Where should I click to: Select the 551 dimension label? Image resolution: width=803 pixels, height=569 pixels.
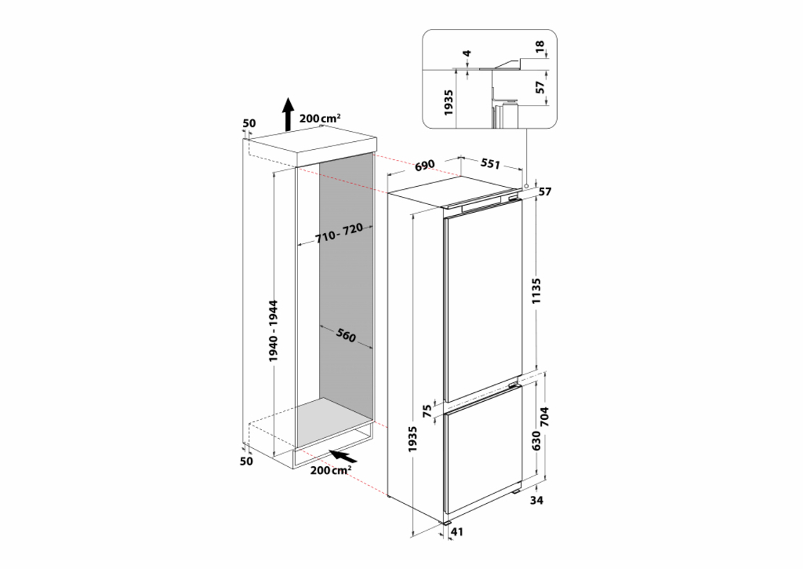[x=490, y=164]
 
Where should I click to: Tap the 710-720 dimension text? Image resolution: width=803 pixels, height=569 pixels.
[x=339, y=234]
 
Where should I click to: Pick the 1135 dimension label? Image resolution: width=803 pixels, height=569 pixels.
[x=537, y=291]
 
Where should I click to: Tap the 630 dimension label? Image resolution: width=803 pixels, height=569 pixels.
[x=536, y=441]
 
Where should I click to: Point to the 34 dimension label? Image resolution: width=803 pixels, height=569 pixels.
[x=536, y=500]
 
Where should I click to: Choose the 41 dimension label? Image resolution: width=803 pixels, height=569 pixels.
[x=456, y=532]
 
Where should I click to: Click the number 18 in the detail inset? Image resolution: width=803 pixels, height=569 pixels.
[x=540, y=47]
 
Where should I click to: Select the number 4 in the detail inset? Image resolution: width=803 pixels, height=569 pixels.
[x=467, y=54]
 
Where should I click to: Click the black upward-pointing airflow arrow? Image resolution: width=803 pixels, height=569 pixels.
[x=289, y=113]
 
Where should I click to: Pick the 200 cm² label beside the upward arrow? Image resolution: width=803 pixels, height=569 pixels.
[x=320, y=119]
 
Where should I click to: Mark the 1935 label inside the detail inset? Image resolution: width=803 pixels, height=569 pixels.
[x=449, y=103]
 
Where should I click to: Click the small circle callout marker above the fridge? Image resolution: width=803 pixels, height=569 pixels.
[x=527, y=185]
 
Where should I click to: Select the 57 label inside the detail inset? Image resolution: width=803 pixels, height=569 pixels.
[x=540, y=88]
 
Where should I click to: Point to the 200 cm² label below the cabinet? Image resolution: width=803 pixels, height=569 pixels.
[x=331, y=470]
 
